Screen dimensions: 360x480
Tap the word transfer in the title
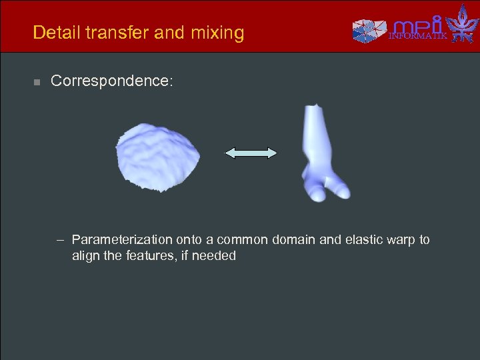113,32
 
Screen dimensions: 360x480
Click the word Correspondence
112,81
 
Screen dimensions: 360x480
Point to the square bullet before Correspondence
37,82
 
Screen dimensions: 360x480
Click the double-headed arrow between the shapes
251,153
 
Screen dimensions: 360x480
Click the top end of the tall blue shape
313,109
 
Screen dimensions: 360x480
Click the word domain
296,239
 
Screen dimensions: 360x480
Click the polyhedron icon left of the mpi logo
369,29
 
